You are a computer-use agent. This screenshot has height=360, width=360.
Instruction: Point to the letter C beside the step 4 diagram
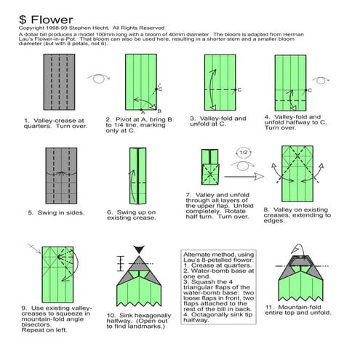(309, 90)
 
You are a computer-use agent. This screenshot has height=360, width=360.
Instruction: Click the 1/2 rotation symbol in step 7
(244, 153)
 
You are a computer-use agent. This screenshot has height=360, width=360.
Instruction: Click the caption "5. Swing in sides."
(57, 213)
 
